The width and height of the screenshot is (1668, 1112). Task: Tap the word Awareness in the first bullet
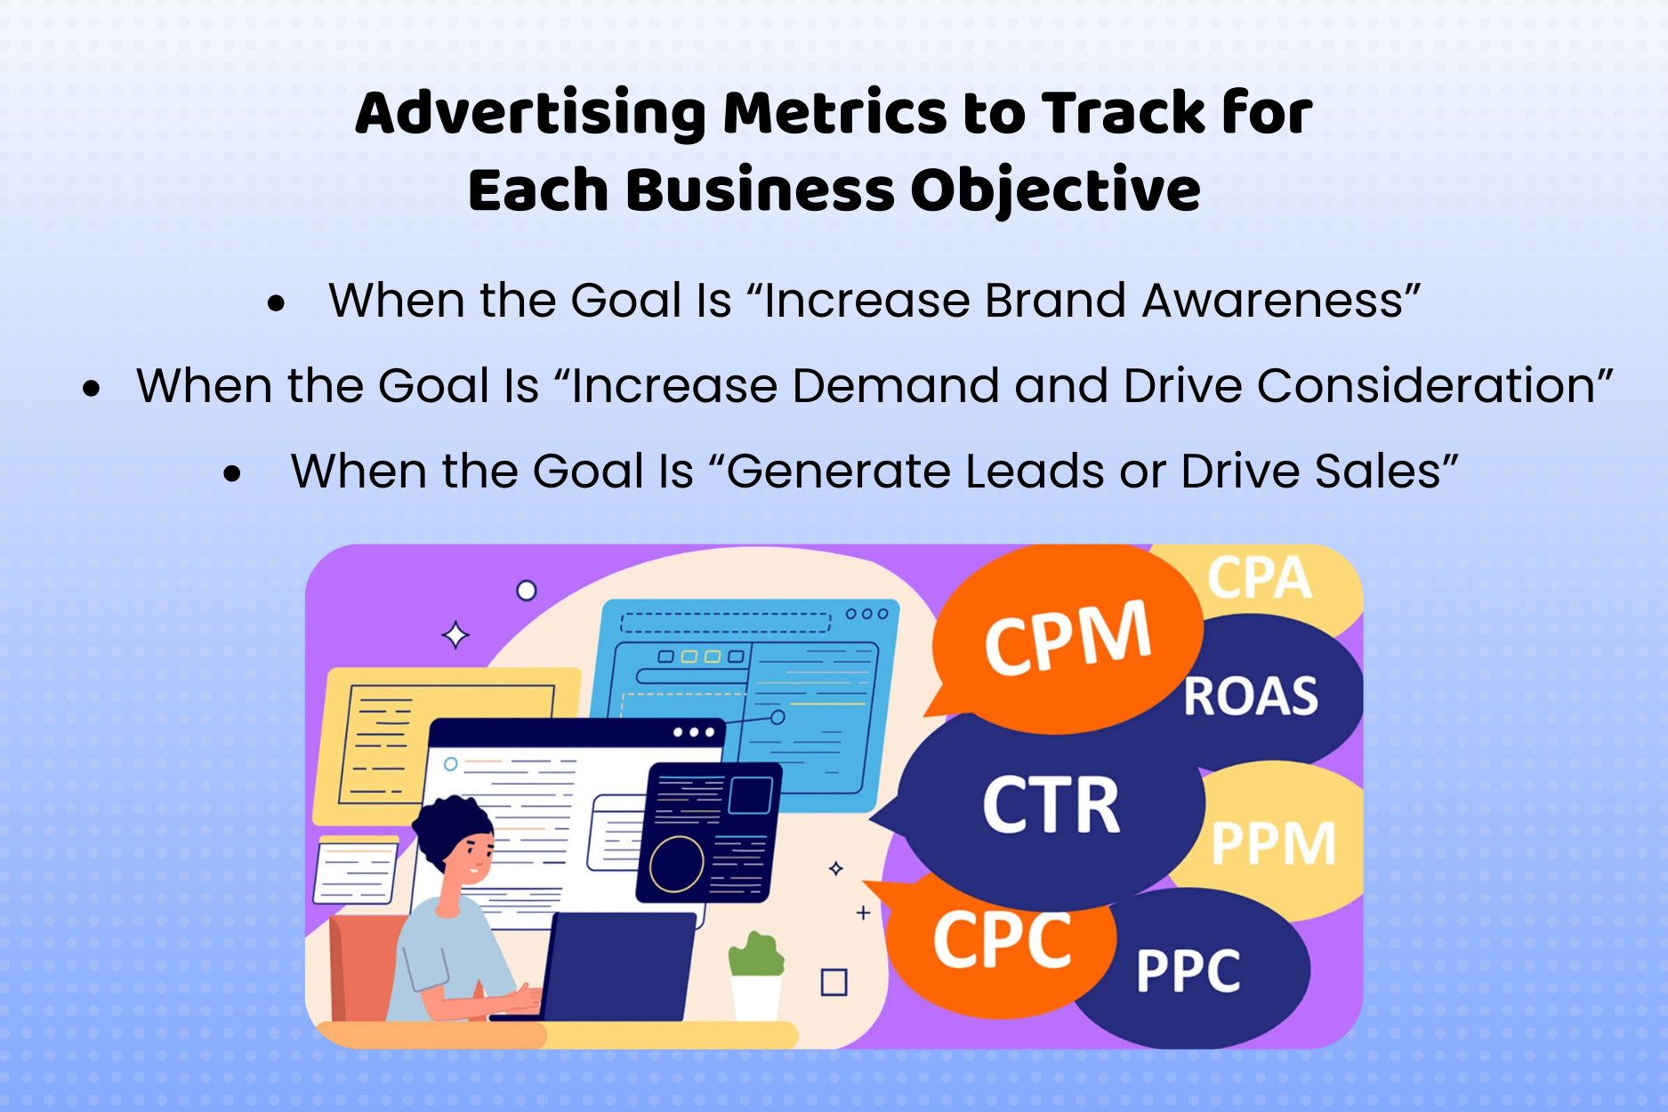click(1272, 301)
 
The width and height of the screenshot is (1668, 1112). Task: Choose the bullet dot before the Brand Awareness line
click(276, 303)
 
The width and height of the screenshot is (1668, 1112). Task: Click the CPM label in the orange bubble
click(1068, 637)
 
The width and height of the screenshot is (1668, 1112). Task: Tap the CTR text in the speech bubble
click(1051, 805)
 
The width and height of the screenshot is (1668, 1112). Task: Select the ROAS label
click(1251, 697)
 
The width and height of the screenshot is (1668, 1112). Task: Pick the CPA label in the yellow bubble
click(1259, 578)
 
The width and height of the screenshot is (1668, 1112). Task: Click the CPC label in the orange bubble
click(1003, 940)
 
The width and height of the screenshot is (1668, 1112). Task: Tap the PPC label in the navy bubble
click(1189, 971)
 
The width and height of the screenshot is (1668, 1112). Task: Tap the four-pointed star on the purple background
click(456, 635)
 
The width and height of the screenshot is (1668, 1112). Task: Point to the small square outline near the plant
click(834, 982)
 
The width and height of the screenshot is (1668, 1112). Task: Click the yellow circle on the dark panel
click(676, 863)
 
